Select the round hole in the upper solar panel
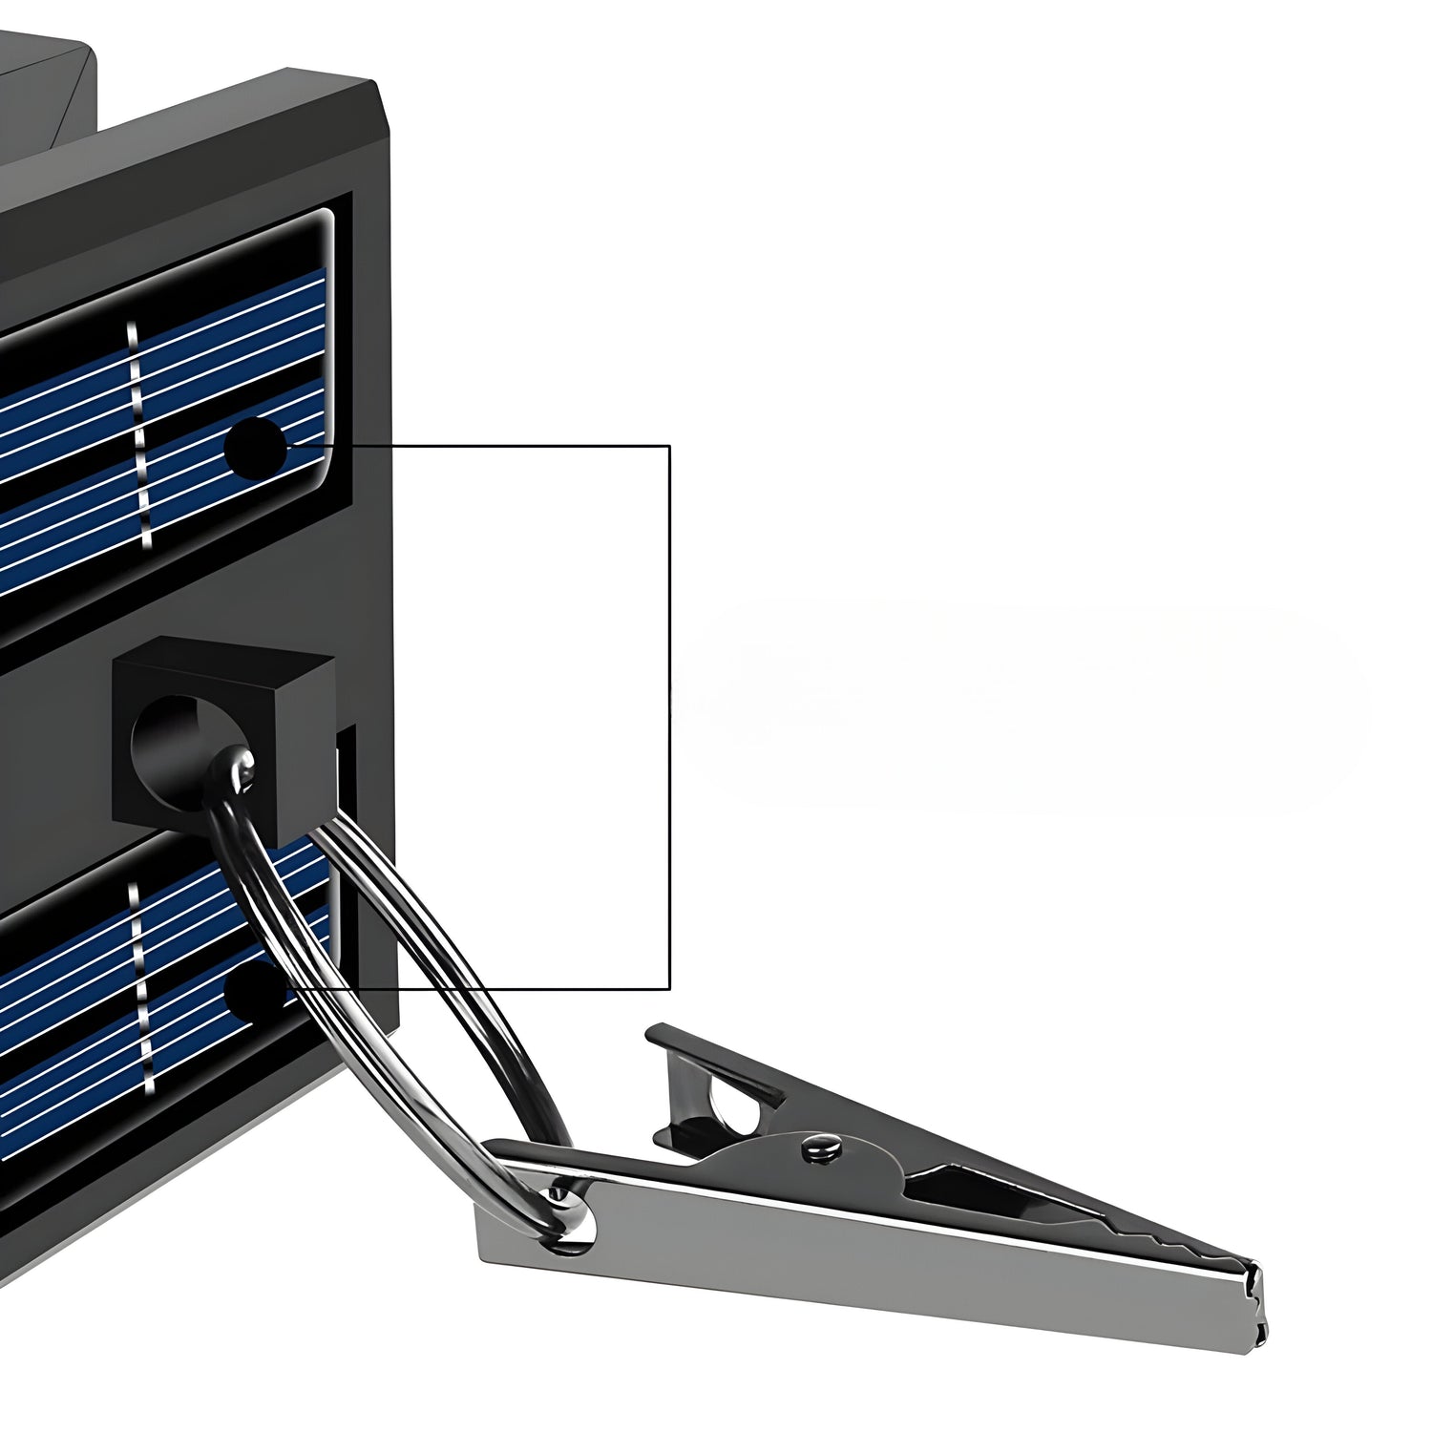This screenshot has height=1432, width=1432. (255, 446)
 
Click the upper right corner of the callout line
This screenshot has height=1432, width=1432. (669, 446)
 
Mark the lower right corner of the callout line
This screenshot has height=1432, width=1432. (669, 988)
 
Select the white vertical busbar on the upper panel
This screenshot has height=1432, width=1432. (139, 434)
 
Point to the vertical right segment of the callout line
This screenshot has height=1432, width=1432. (669, 716)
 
